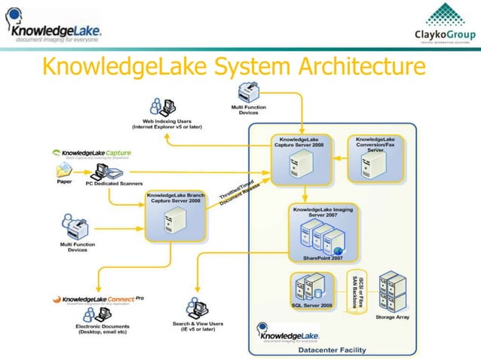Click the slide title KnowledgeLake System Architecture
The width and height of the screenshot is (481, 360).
233,67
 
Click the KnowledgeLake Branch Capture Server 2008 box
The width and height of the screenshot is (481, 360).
175,215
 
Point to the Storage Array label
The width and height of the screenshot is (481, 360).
393,317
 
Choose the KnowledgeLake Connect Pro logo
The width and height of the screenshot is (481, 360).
98,300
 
